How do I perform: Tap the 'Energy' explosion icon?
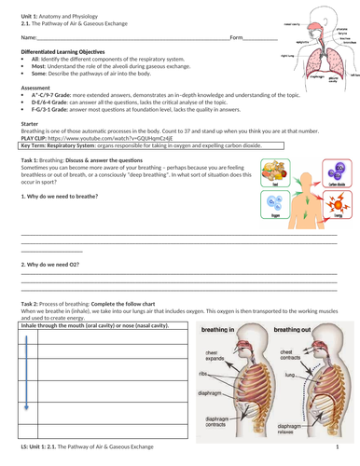coord(333,207)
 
